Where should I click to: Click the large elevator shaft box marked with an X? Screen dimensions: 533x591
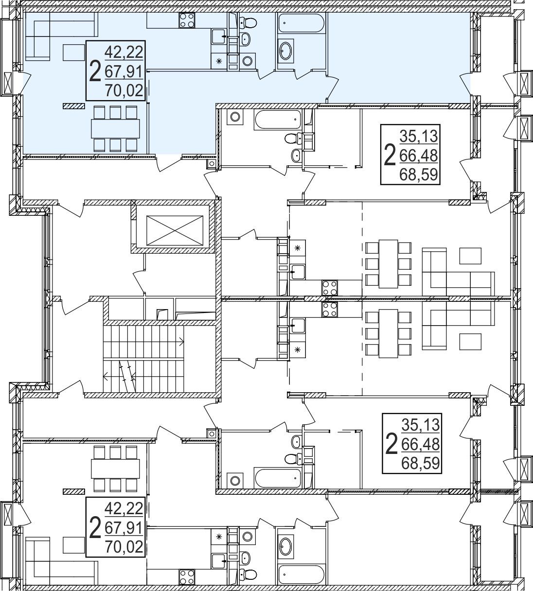click(x=175, y=230)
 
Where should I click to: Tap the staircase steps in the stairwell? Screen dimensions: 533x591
click(x=143, y=359)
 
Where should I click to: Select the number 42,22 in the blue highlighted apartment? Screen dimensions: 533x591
click(x=124, y=52)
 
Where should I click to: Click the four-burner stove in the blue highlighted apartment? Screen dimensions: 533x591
click(x=187, y=20)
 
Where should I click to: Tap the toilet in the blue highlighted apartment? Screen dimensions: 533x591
click(x=248, y=21)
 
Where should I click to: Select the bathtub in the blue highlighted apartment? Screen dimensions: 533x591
click(x=301, y=23)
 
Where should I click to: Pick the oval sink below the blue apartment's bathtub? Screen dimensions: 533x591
click(x=286, y=51)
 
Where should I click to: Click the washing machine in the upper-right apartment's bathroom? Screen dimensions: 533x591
click(x=235, y=117)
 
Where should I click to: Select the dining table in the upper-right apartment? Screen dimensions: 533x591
click(x=388, y=264)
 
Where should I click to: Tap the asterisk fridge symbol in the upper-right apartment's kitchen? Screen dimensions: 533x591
click(x=298, y=248)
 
